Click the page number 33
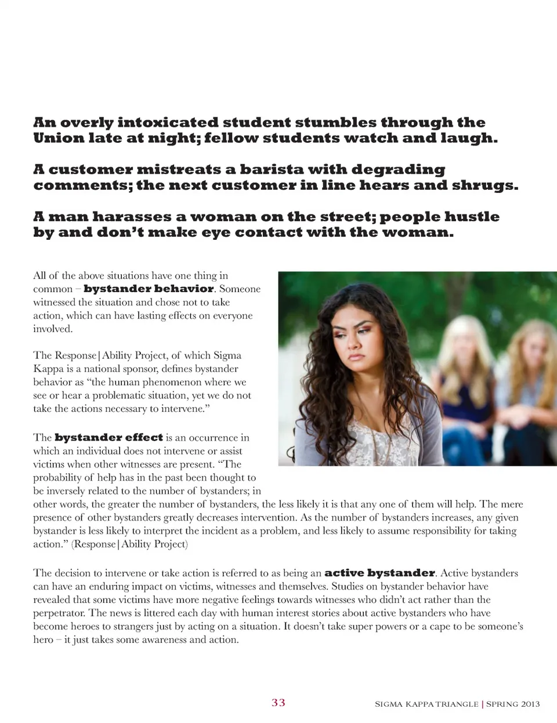point(278,703)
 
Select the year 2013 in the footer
point(530,704)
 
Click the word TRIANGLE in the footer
point(457,704)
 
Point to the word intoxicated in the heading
point(168,123)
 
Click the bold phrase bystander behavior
point(149,289)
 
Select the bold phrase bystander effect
point(108,437)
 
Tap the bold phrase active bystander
point(379,573)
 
